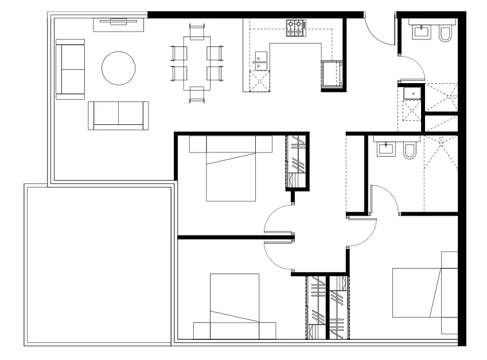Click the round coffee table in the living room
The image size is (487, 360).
point(119,69)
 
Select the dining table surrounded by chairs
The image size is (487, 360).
point(197,63)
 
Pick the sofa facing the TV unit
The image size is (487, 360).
point(118,115)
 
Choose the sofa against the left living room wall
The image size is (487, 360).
point(70,69)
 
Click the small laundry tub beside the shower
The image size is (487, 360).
point(411,93)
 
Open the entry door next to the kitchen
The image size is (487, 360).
point(379,29)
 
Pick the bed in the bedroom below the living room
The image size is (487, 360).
point(231,169)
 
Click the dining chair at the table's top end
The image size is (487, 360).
point(197,28)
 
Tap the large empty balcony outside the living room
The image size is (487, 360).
point(98,264)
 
